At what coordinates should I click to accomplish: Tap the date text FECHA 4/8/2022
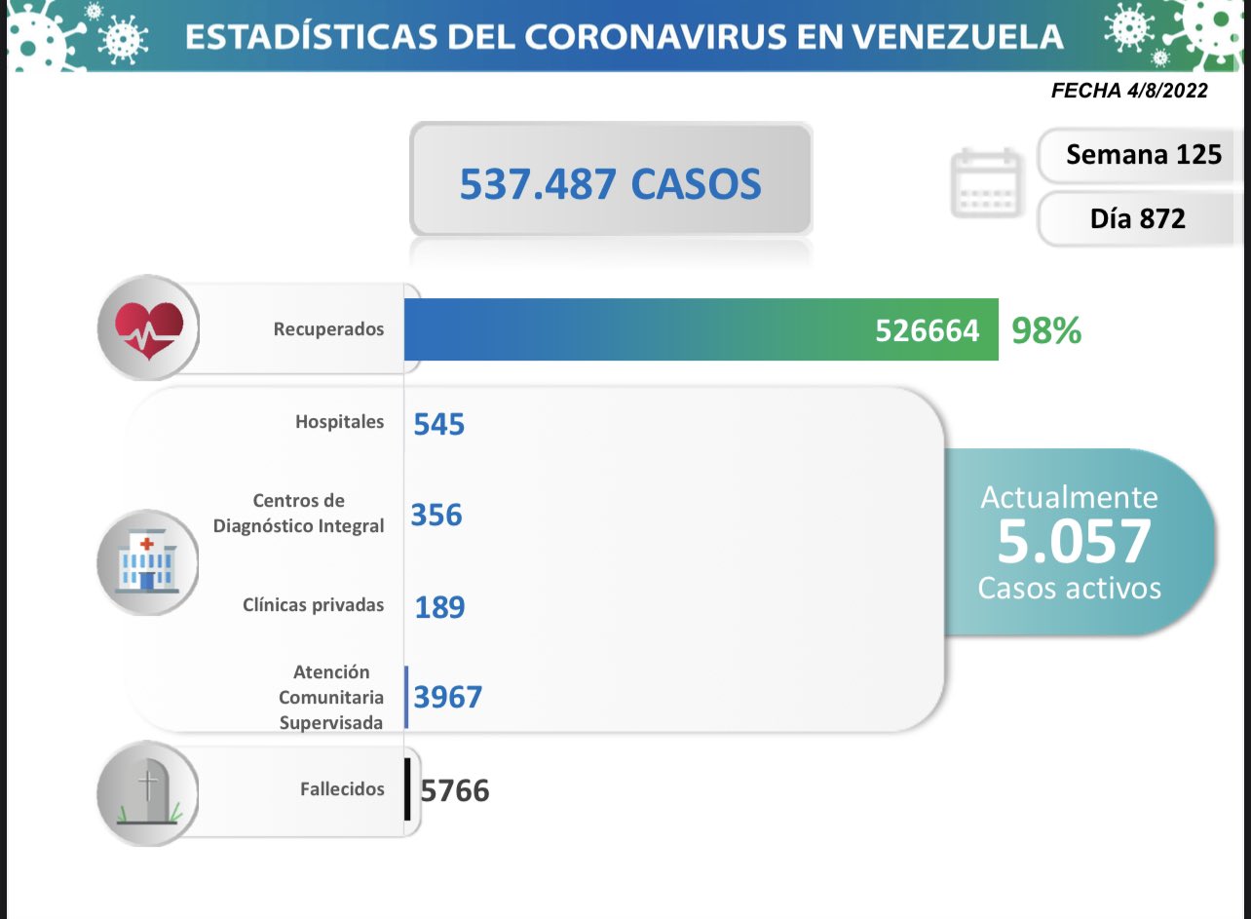(x=1129, y=91)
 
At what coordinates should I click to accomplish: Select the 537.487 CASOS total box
(x=610, y=182)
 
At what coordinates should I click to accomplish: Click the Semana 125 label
(x=1143, y=154)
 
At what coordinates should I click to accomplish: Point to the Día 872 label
(x=1137, y=218)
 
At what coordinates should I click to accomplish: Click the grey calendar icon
(x=987, y=182)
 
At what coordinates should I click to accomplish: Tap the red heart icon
(x=149, y=327)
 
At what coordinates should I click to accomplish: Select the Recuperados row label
(x=328, y=329)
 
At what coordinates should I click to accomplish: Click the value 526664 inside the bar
(x=927, y=331)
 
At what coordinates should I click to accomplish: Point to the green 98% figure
(x=1046, y=331)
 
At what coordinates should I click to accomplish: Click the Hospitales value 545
(x=439, y=425)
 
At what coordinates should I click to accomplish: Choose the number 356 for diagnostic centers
(x=436, y=515)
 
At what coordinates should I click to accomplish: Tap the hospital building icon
(x=147, y=563)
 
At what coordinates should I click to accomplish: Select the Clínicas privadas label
(x=313, y=605)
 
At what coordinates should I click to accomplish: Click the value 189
(x=439, y=607)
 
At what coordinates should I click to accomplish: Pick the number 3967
(x=448, y=698)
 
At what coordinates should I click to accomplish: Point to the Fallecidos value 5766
(x=455, y=790)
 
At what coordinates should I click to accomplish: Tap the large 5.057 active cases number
(x=1074, y=543)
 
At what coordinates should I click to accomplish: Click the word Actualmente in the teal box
(x=1069, y=497)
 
